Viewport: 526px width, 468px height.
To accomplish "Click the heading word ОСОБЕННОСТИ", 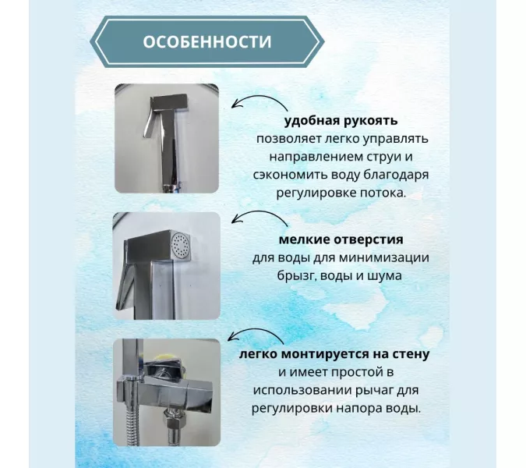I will tap(207, 41).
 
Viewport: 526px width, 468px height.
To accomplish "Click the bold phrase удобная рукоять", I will tap(341, 121).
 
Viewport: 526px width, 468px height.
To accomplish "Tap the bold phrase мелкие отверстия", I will tap(341, 239).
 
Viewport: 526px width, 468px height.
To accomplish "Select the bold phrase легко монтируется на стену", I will tap(335, 355).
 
